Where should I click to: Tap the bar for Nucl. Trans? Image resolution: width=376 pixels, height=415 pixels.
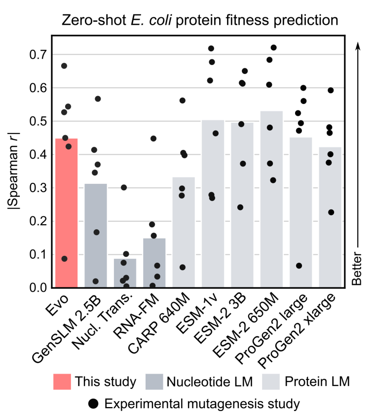click(125, 273)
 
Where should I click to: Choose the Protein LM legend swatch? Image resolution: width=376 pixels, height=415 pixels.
click(280, 381)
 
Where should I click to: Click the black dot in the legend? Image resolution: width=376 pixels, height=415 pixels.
click(93, 404)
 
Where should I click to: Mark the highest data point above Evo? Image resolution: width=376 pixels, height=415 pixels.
click(64, 66)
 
